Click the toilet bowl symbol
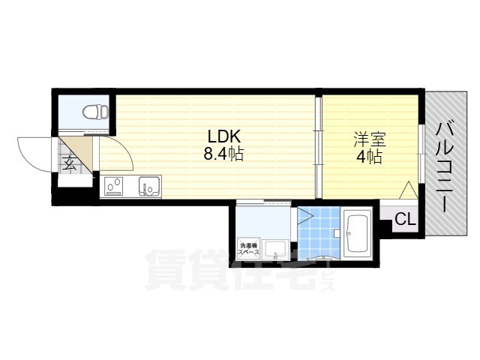coord(94,112)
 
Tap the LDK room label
coord(223,137)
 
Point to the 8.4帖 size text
coord(223,155)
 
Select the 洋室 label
coord(367,139)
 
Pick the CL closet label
coord(405,220)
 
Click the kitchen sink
coord(147,184)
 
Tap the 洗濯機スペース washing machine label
coord(248,249)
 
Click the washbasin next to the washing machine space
coord(275,250)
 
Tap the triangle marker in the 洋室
coord(408,190)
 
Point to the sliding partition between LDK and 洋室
coord(318,146)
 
